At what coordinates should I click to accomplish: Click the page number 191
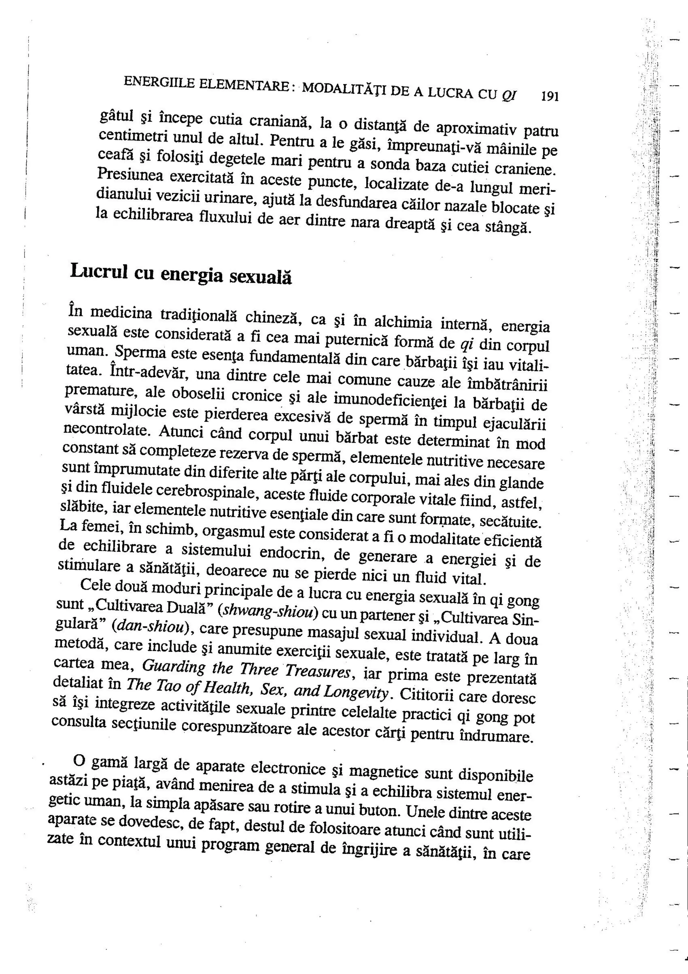click(550, 97)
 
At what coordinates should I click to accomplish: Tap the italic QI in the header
click(509, 95)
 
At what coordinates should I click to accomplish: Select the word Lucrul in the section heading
click(99, 271)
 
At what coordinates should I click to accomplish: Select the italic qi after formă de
click(467, 344)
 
